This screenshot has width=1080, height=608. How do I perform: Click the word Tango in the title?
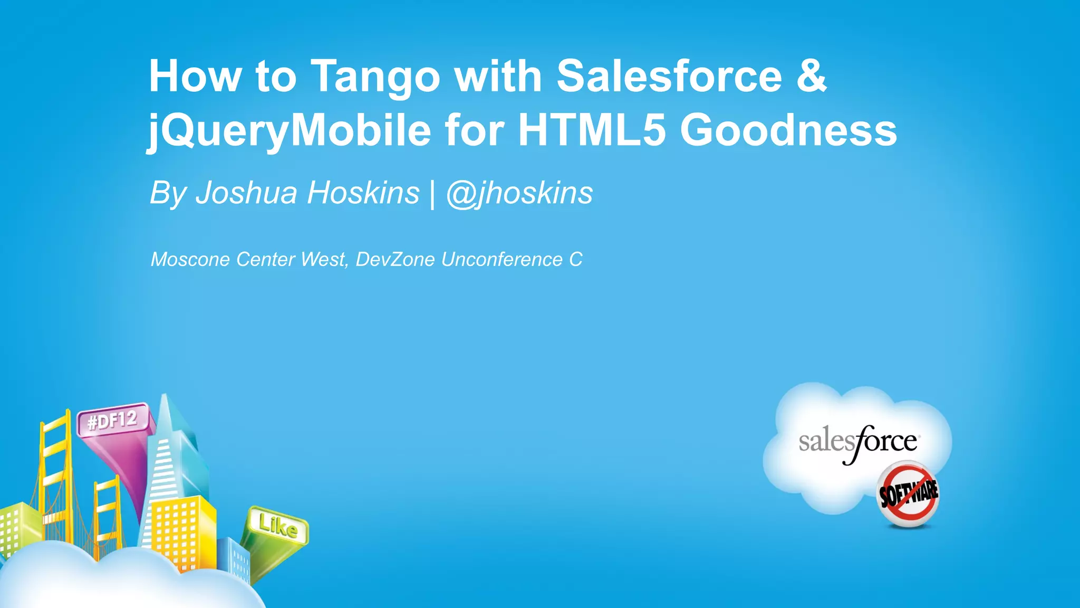[374, 77]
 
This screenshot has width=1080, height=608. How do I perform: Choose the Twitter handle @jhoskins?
[519, 193]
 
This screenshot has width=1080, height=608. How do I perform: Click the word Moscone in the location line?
[190, 259]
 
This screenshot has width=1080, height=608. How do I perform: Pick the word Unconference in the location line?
[502, 259]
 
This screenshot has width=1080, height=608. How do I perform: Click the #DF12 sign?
[113, 421]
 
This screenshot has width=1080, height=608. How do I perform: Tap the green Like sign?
[278, 526]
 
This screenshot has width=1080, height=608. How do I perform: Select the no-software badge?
[908, 494]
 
